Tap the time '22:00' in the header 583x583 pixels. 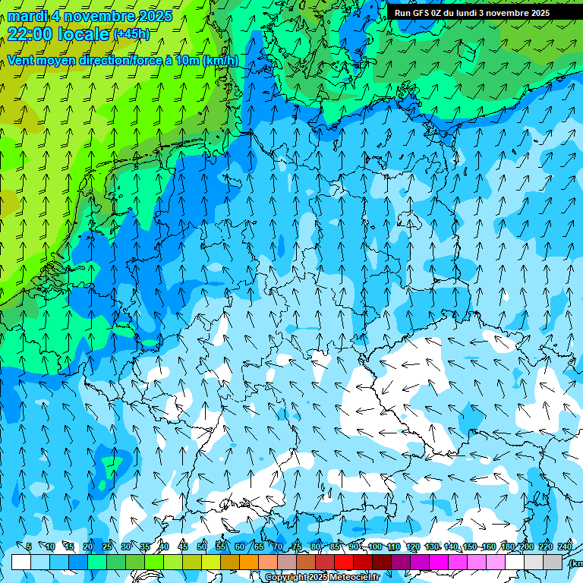point(29,34)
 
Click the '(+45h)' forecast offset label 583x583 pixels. point(131,34)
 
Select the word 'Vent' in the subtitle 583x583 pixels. point(21,61)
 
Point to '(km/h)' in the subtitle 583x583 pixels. point(220,61)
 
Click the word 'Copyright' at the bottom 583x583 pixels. point(287,578)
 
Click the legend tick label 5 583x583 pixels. point(29,547)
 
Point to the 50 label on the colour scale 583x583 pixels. point(202,547)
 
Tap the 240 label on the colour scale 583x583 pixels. point(565,547)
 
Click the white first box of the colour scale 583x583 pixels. point(21,562)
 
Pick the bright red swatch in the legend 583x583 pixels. point(344,562)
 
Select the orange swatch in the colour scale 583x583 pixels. point(249,562)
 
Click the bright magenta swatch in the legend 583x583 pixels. point(439,562)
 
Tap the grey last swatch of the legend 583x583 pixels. point(553,562)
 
